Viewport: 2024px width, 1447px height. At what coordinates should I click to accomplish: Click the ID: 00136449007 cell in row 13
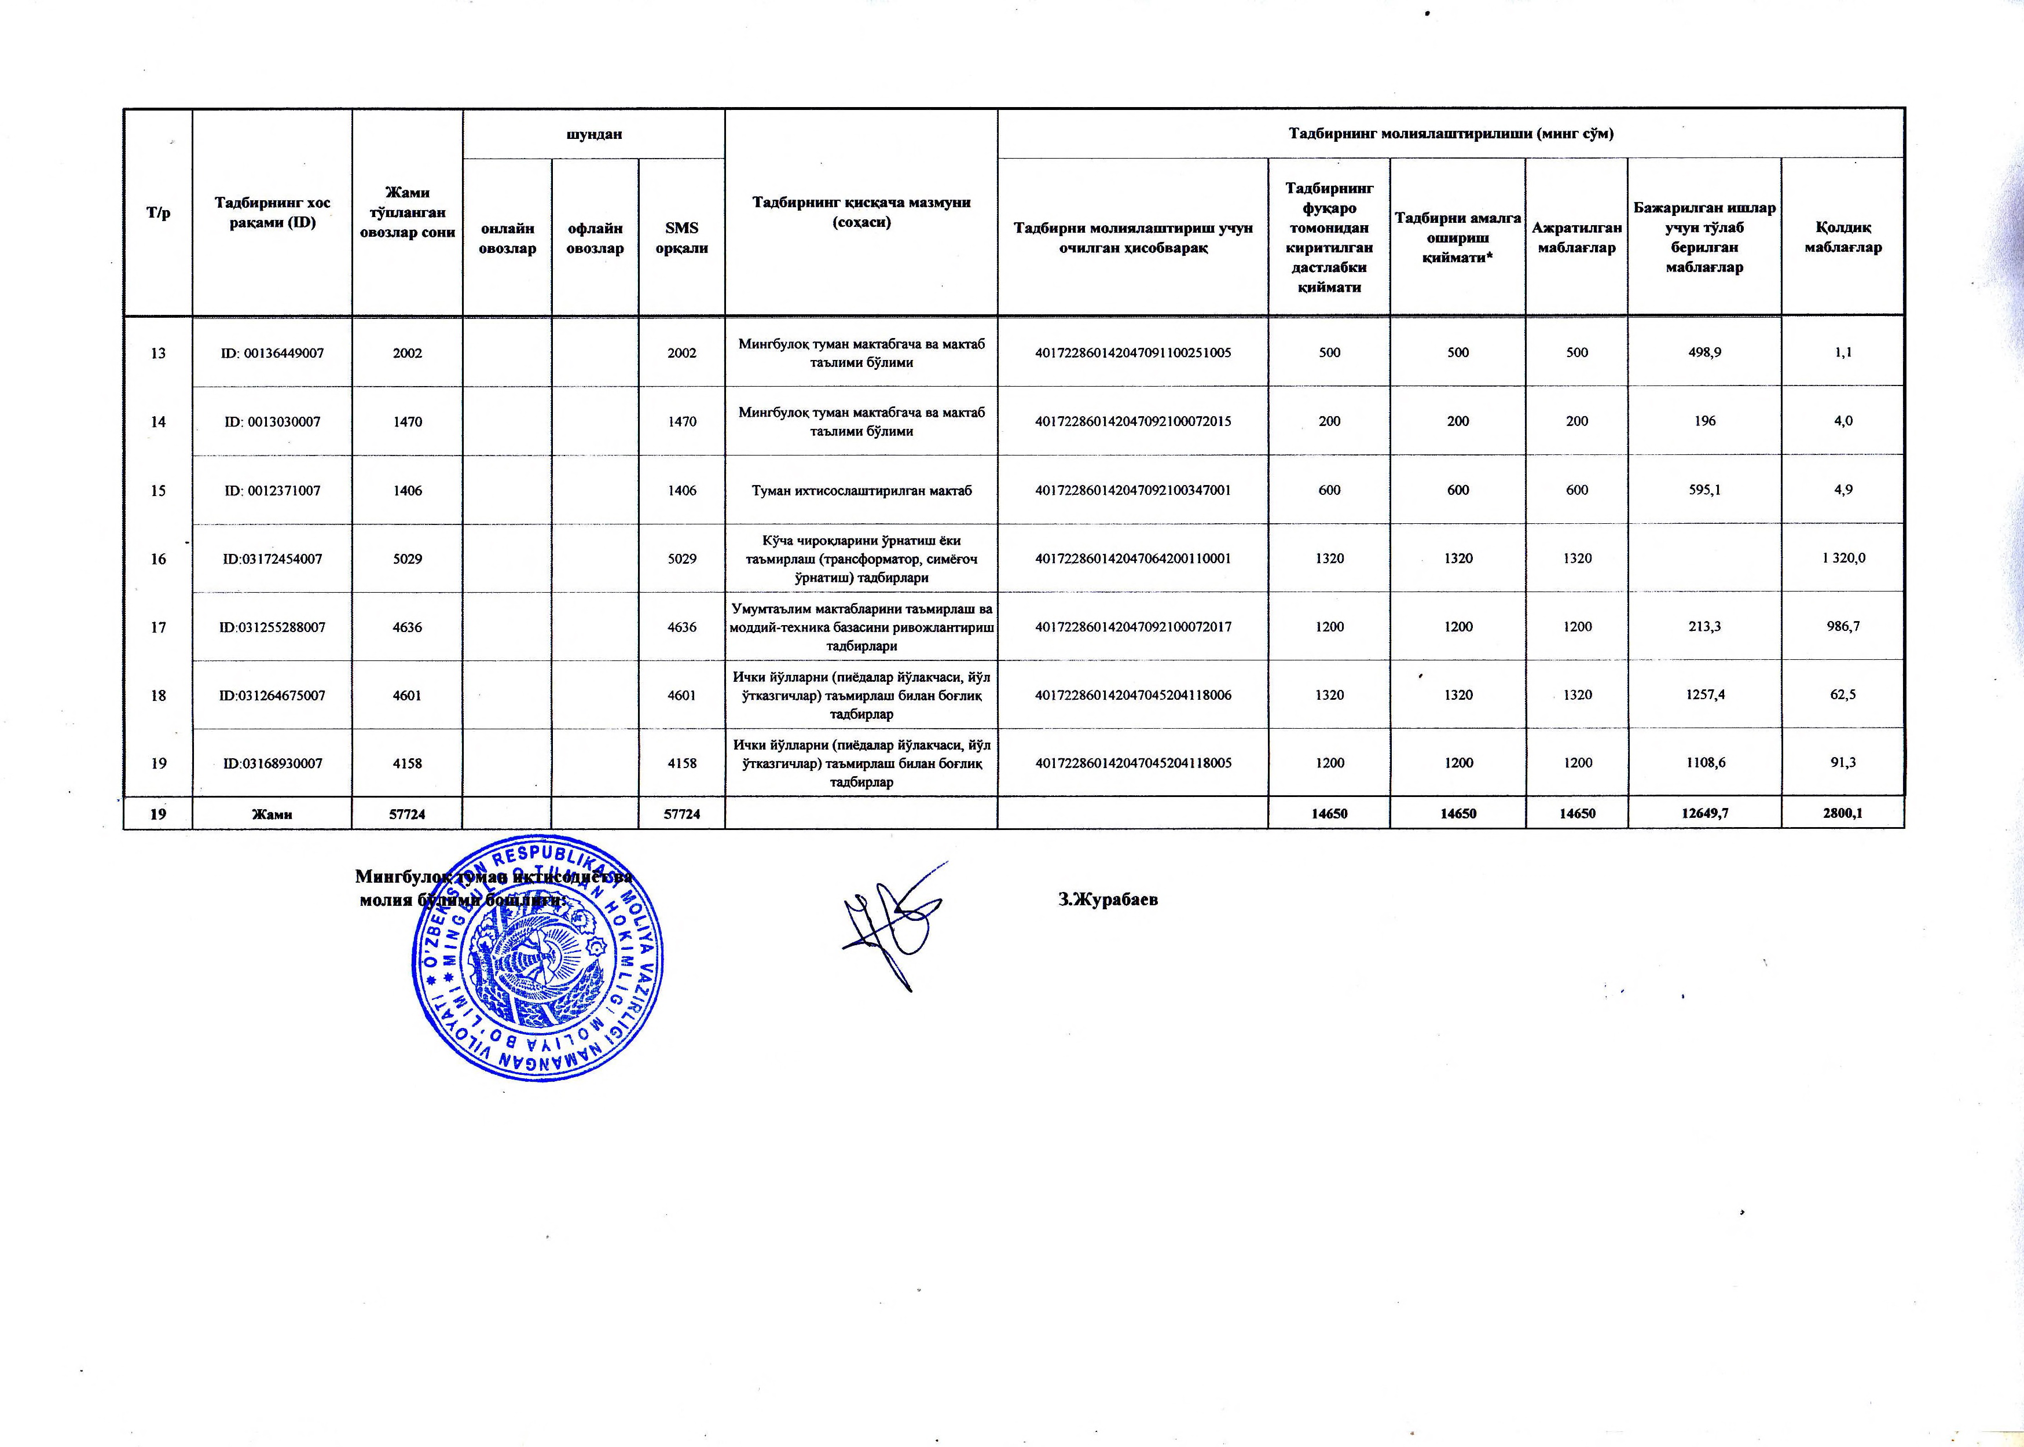click(272, 353)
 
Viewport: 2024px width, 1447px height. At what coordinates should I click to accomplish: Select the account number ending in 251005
click(1132, 353)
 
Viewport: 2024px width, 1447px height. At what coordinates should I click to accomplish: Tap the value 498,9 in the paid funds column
click(1704, 353)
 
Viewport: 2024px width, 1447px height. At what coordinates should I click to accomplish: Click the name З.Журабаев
click(1108, 899)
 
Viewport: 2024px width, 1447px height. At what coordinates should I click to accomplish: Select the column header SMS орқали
click(682, 238)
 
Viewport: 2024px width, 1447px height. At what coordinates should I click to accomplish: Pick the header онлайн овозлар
click(507, 238)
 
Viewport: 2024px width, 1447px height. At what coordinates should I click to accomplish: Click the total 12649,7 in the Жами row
click(1704, 813)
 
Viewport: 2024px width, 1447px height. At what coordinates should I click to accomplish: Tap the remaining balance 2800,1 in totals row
click(1842, 813)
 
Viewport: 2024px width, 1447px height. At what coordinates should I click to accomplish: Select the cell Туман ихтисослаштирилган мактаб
click(861, 490)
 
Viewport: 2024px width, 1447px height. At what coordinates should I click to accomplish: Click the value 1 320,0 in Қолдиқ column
click(1842, 559)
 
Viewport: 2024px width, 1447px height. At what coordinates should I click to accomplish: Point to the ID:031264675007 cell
click(272, 695)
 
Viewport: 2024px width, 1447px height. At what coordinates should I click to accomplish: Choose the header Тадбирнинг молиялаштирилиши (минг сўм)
click(1451, 134)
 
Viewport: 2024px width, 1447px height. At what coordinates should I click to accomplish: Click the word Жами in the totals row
click(272, 813)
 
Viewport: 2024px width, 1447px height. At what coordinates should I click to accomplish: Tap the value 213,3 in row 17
click(1704, 626)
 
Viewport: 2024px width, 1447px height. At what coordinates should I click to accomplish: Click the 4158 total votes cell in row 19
click(408, 763)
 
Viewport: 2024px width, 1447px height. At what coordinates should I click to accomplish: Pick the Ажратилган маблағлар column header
click(1576, 238)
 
